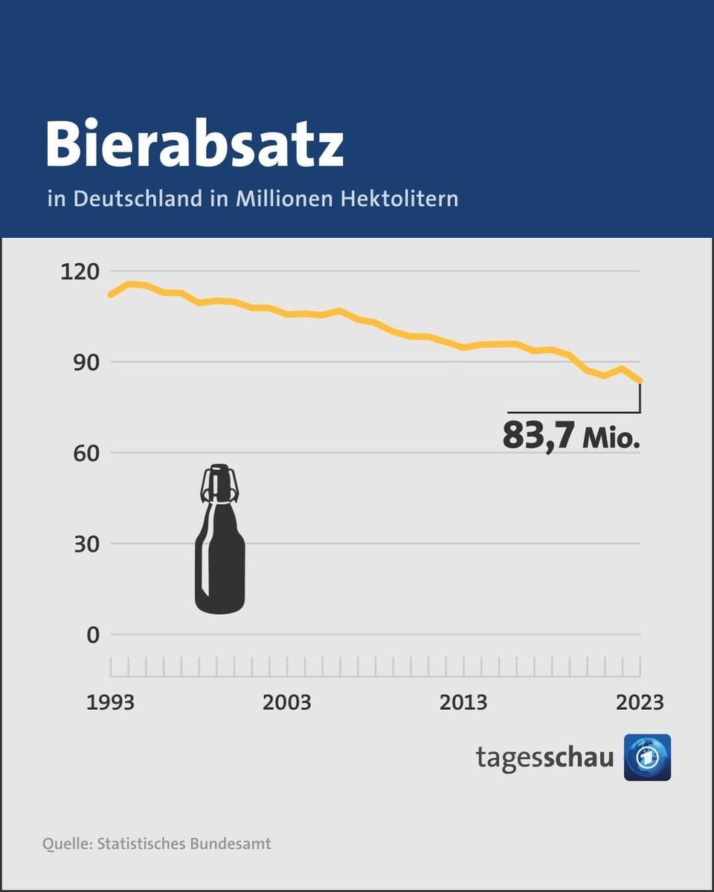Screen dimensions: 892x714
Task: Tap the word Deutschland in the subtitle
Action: click(x=138, y=199)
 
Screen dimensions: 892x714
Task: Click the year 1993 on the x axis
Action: click(x=111, y=702)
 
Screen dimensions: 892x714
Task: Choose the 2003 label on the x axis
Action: click(x=287, y=702)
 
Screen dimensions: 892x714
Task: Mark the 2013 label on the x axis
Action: click(x=463, y=702)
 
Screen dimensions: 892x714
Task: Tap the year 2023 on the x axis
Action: click(x=639, y=702)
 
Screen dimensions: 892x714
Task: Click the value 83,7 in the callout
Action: click(x=538, y=436)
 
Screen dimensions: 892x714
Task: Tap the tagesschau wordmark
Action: click(x=545, y=757)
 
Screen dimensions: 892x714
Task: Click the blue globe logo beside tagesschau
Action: click(x=647, y=757)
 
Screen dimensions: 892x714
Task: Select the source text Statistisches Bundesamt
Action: click(x=184, y=844)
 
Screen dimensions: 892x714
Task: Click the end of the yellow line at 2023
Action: click(x=640, y=381)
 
